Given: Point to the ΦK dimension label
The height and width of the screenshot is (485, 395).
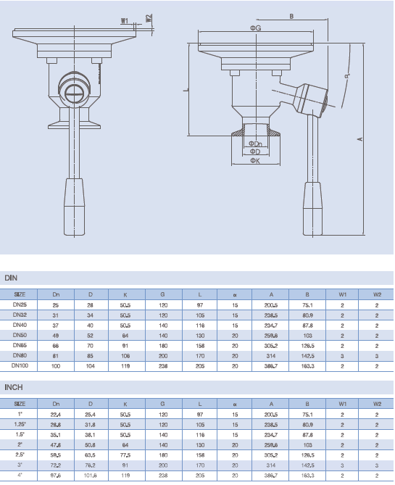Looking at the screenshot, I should [254, 161].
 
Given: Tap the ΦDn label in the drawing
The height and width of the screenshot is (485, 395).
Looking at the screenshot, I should [254, 144].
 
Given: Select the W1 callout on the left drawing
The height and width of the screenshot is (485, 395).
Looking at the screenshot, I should [125, 21].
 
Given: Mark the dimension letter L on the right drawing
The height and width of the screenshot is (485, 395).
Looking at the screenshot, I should [186, 89].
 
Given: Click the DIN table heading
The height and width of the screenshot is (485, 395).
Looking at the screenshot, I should [11, 278].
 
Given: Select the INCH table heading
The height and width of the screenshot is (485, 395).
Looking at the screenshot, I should [14, 387].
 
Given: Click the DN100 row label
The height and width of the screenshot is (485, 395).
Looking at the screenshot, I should [20, 367].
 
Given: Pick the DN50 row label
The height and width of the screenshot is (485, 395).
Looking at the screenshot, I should [20, 336].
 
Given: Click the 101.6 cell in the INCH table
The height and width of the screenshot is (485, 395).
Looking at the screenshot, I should [91, 476].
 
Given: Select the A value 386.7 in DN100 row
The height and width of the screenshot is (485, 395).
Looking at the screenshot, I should [273, 367].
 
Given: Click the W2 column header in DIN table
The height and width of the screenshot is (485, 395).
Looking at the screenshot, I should [377, 294].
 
